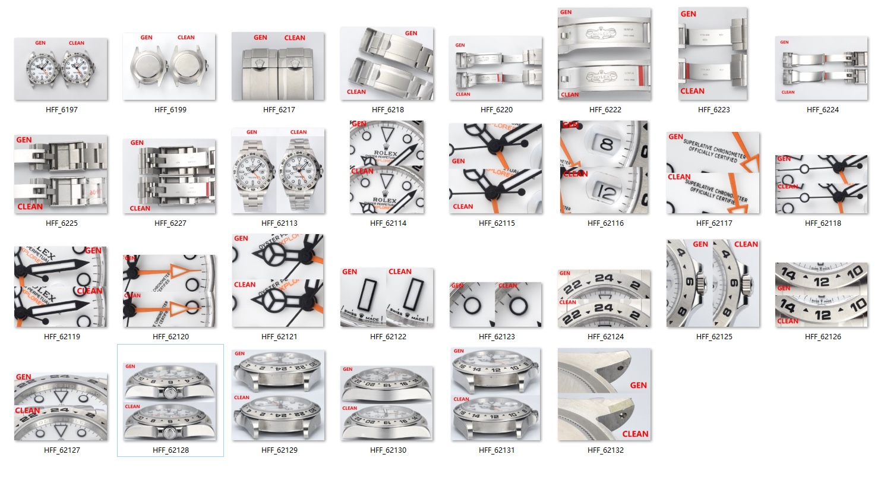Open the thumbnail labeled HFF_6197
61,69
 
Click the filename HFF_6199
170,110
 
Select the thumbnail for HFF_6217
278,66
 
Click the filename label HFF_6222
605,110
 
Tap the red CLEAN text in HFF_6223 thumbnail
692,91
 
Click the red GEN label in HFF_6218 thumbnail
411,33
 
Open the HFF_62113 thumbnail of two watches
278,171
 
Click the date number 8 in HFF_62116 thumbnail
607,144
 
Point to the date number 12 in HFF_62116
606,192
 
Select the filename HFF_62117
713,223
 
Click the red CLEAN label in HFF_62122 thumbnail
400,272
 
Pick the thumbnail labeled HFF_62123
495,304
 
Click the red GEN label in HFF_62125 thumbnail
700,244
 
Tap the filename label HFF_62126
822,337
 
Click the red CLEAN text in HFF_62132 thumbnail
635,434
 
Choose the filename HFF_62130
388,450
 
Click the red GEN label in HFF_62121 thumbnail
241,238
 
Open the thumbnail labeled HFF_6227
170,176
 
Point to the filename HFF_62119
62,337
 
